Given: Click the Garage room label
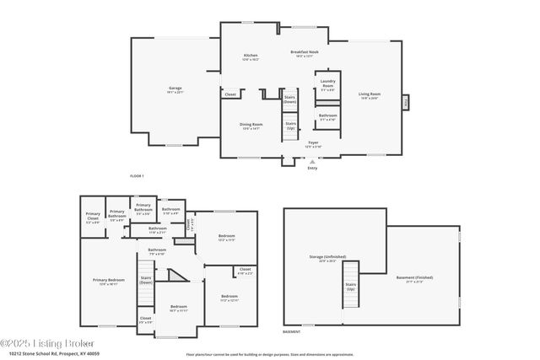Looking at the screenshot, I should pos(175,89).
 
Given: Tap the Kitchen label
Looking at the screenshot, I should pos(251,57).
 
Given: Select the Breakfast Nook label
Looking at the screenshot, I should pos(304,54).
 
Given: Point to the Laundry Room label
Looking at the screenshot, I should pos(327,86).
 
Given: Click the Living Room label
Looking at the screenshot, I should pos(370,95).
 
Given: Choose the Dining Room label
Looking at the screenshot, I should pos(251,126).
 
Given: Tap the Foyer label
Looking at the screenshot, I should pos(313,145).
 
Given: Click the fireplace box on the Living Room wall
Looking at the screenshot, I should pos(405,100).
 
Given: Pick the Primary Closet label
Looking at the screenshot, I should pos(93,215).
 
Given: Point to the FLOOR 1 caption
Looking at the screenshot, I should pos(137,175).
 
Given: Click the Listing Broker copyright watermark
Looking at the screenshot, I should pos(46,343).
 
